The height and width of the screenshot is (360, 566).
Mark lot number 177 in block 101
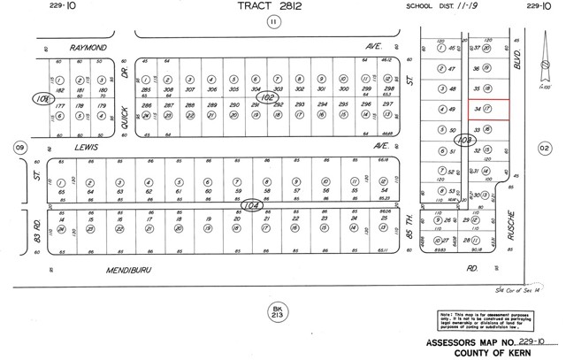point(61,106)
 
